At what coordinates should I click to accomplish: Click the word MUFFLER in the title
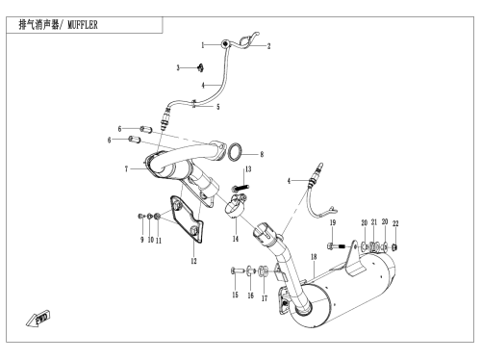point(83,25)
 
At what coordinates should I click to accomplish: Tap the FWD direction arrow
point(38,319)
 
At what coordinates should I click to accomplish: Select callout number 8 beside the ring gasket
point(262,154)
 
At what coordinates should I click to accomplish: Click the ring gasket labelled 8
point(235,152)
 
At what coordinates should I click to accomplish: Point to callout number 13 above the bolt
point(248,169)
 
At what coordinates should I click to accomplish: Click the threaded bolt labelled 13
point(240,188)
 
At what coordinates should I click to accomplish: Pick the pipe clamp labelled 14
point(236,205)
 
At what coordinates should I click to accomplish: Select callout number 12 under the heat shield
point(193,261)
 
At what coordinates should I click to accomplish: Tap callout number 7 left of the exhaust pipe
point(126,168)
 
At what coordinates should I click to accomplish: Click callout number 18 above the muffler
point(314,257)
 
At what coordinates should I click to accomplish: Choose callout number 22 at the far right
point(395,223)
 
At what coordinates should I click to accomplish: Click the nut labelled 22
point(395,247)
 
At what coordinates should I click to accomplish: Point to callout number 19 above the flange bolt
point(333,222)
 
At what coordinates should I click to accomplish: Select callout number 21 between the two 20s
point(374,222)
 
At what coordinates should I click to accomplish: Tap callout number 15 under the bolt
point(235,295)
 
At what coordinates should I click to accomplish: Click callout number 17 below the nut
point(265,298)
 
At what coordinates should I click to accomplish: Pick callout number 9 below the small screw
point(142,240)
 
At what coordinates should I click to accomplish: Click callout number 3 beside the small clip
point(178,67)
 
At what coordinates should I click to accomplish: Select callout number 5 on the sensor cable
point(218,107)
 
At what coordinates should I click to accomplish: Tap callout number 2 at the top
point(268,46)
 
